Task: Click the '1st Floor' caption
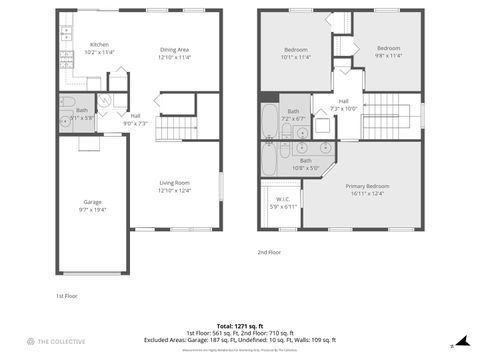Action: pos(66,296)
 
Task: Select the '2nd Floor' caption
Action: pos(270,253)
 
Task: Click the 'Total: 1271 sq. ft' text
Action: pos(240,326)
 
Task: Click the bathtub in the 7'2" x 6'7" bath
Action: pos(270,120)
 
